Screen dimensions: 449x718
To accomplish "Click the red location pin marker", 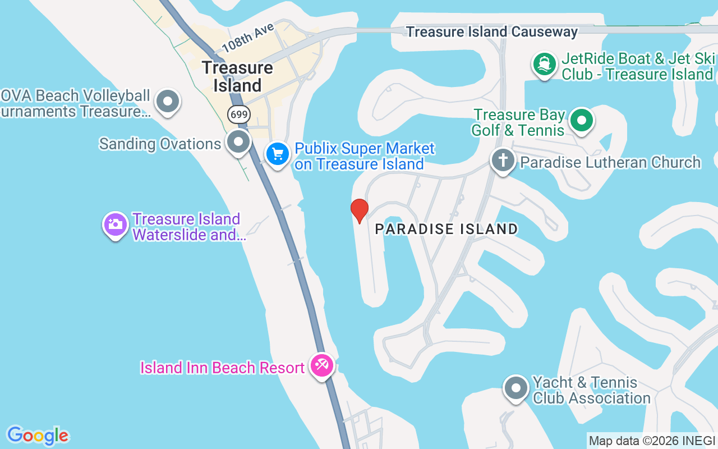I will click(x=359, y=210).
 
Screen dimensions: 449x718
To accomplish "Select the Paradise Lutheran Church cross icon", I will click(x=503, y=161).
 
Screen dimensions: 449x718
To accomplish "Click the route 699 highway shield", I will click(x=239, y=114).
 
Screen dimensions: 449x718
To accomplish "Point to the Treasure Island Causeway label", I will click(x=491, y=32).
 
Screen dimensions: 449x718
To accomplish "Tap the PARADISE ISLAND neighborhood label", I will click(x=447, y=229).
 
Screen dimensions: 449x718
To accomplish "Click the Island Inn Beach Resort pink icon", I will click(x=322, y=366).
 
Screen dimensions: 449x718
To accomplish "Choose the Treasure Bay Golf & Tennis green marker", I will click(x=582, y=121).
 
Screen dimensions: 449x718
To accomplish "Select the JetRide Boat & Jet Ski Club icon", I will click(x=544, y=65).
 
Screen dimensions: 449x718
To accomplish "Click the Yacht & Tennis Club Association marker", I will click(x=516, y=388).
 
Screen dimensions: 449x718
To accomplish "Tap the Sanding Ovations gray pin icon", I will click(x=239, y=142).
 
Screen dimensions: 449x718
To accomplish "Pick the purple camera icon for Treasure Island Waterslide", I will click(x=116, y=224).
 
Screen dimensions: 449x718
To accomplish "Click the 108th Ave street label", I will click(x=247, y=37).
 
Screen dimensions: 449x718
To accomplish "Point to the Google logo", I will click(x=38, y=436).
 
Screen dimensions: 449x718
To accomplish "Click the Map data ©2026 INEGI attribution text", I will click(x=652, y=441).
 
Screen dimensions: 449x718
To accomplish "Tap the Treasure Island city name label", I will click(x=238, y=77).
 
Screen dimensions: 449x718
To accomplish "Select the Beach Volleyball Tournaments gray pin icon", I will click(x=167, y=102).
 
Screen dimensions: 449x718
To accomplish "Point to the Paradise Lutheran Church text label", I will click(x=610, y=162).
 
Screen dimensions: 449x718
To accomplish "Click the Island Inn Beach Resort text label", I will click(x=222, y=368).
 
